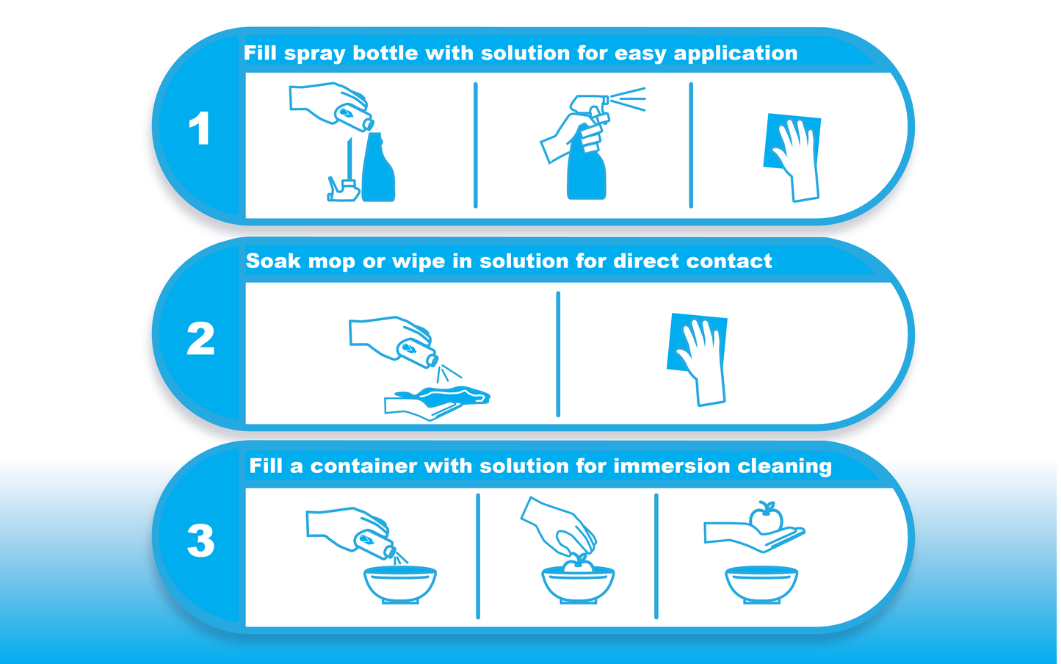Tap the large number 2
point(200,339)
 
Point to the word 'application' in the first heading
point(736,54)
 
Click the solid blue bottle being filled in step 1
point(378,167)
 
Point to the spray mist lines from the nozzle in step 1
point(628,99)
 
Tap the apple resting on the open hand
point(765,517)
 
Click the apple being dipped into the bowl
point(578,563)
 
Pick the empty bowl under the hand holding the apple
point(761,585)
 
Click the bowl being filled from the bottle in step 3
point(400,585)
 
